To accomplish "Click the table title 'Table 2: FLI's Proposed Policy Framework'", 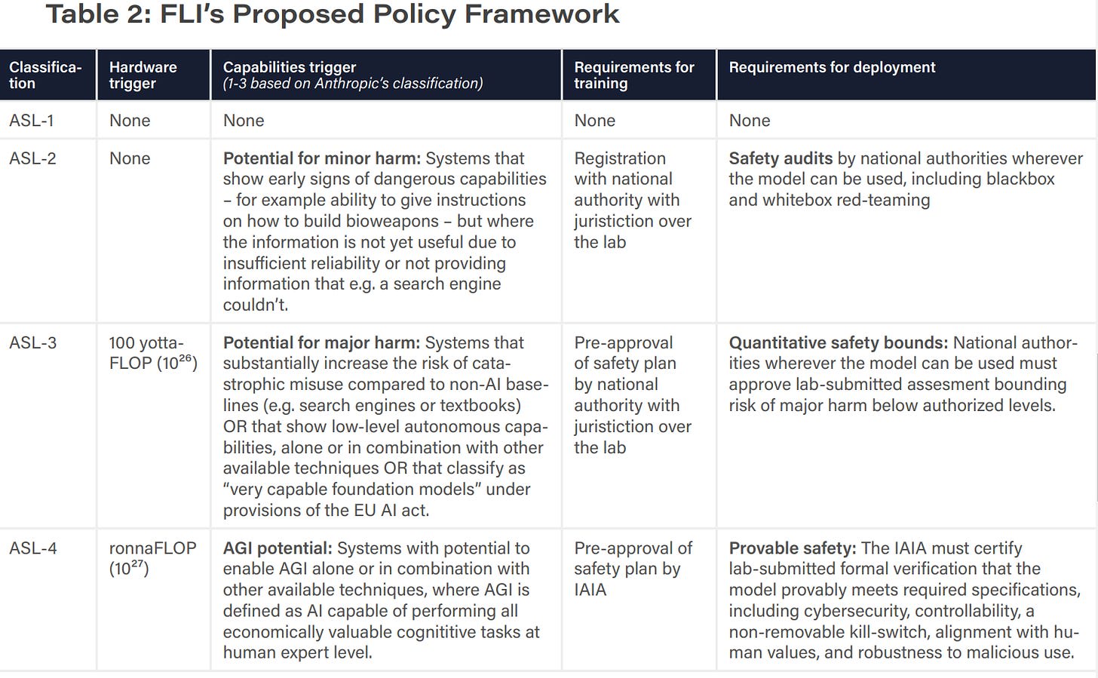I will coord(332,14).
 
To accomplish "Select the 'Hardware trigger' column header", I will coord(143,75).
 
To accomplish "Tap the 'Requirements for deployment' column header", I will coord(831,67).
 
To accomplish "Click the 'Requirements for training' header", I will coord(633,75).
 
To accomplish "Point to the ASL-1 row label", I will coord(31,121).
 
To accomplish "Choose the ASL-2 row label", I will coord(32,158).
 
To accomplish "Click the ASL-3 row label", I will coord(32,342).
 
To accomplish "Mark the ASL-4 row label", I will coord(32,548).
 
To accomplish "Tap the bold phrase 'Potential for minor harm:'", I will coord(321,158).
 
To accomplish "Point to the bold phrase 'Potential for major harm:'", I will coord(321,342).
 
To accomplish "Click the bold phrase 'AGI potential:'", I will coord(277,548).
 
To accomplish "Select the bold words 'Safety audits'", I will coord(781,158).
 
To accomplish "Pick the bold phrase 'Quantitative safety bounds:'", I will coord(838,342).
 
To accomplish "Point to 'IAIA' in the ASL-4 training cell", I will coord(590,590).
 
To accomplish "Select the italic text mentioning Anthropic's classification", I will coord(352,84).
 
